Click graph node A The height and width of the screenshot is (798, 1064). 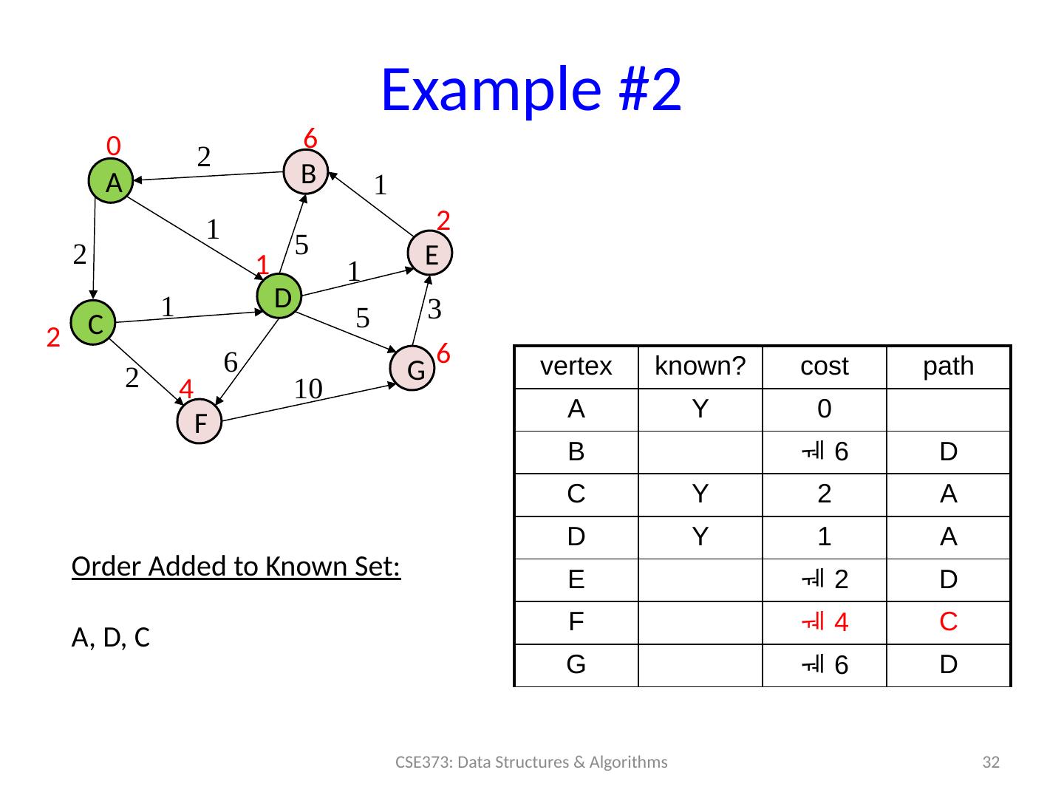point(110,182)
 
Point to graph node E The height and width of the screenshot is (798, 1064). point(432,253)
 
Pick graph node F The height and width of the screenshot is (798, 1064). point(199,422)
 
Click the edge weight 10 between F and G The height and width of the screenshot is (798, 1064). point(307,389)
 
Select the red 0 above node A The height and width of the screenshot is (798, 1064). point(114,145)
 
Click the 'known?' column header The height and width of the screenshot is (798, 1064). point(700,366)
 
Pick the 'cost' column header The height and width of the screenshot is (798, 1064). point(824,366)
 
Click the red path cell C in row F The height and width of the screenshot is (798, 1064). point(948,622)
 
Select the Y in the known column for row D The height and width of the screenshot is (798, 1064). point(700,537)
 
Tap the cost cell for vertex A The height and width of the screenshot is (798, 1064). point(824,409)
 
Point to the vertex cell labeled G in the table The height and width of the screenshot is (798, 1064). point(576,665)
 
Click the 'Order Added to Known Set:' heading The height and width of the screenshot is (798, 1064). point(236,567)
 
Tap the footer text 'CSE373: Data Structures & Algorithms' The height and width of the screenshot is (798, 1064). point(531,762)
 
